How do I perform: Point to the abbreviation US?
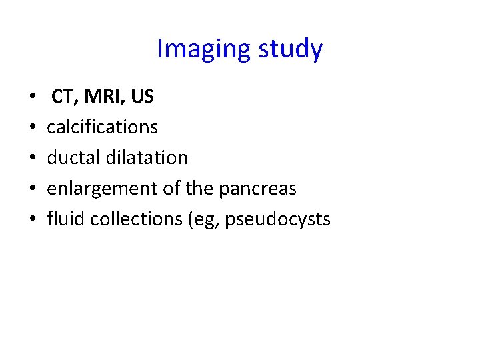point(143,97)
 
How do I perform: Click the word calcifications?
point(102,127)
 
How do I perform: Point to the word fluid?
point(66,219)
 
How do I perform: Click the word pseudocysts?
point(277,219)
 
